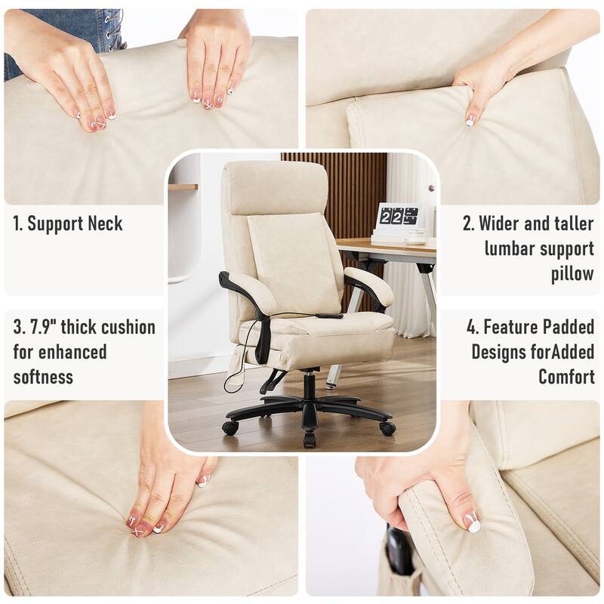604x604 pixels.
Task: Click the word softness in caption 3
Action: pos(45,376)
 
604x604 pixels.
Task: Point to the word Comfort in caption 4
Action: pos(566,376)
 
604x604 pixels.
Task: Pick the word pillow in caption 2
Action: pos(572,273)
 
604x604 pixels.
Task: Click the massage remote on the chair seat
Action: pos(327,316)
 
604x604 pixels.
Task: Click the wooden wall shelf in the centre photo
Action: pos(183,186)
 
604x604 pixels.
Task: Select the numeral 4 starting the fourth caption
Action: pos(473,327)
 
